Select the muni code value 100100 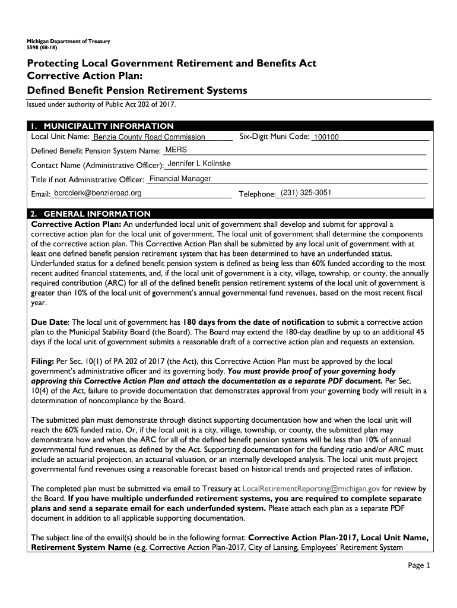tap(326, 137)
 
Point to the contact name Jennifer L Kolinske tap(199, 163)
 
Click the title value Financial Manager tap(180, 178)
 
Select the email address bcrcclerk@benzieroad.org tap(98, 193)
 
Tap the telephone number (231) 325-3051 tap(306, 192)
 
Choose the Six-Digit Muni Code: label tap(274, 137)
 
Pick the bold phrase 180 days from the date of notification tap(254, 321)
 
